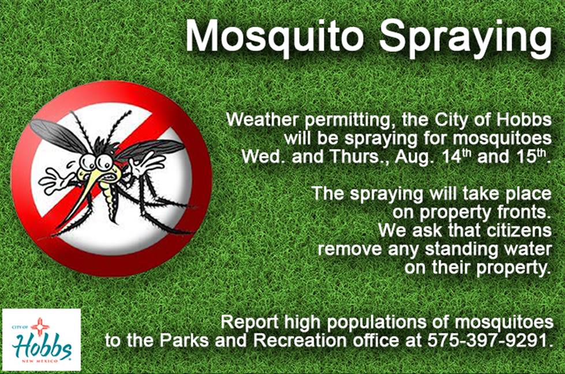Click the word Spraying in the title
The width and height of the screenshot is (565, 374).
[466, 39]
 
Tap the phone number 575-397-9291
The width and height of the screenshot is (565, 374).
[490, 340]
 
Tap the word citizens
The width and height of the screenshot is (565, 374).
[517, 231]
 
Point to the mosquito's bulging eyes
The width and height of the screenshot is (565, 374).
[95, 161]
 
